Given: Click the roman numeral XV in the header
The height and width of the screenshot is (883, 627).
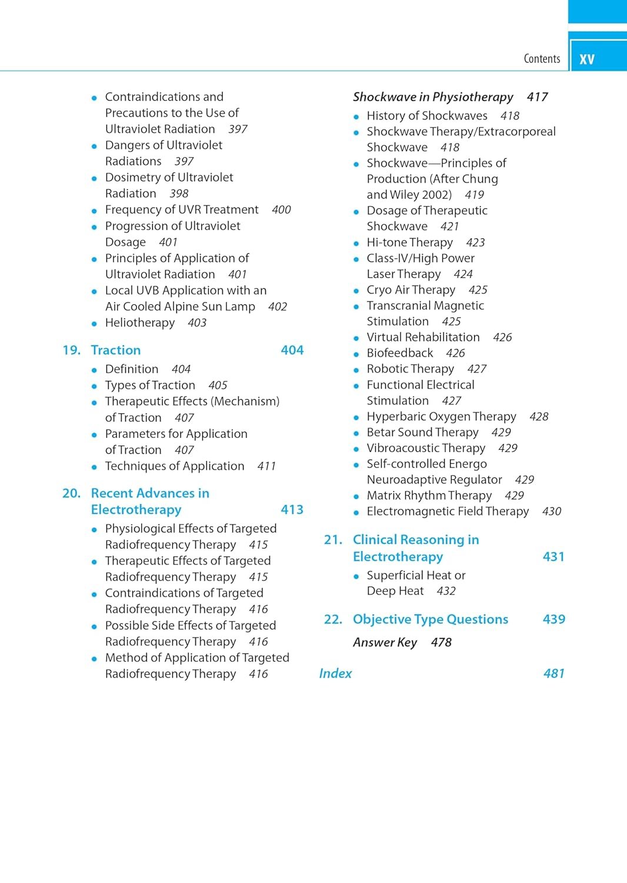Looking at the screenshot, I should click(586, 59).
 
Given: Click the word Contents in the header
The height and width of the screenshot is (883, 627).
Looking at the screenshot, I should click(542, 58).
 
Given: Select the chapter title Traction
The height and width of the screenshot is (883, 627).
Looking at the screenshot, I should click(116, 350).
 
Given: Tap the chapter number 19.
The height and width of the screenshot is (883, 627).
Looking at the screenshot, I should click(71, 350).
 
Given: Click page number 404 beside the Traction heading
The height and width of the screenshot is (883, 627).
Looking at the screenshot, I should click(292, 350).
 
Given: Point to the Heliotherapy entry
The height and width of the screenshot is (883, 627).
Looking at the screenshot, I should click(140, 323).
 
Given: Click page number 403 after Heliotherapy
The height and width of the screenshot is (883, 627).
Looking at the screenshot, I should click(197, 323).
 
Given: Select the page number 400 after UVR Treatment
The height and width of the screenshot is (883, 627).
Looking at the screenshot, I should click(281, 210).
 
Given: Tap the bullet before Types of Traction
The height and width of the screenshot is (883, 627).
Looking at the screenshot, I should click(94, 386).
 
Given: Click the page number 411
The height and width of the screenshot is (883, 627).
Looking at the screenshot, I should click(266, 466).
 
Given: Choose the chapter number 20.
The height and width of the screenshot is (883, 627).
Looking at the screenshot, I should click(71, 493).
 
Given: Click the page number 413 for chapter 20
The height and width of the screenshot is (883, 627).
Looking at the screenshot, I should click(292, 510).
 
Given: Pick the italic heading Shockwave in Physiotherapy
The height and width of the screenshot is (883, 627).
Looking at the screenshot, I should click(433, 97).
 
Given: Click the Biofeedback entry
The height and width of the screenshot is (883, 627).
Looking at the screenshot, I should click(400, 353).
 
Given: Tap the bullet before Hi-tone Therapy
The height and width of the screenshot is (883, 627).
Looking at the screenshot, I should click(356, 243).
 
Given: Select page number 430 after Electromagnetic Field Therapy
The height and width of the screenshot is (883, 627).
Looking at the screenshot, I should click(552, 512).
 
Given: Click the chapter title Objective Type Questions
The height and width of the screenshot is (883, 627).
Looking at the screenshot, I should click(431, 619).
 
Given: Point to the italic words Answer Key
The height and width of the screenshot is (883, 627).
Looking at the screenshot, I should click(385, 642).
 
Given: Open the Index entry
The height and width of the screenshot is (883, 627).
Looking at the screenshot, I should click(335, 673).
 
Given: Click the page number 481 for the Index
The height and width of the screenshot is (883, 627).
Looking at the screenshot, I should click(553, 673).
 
